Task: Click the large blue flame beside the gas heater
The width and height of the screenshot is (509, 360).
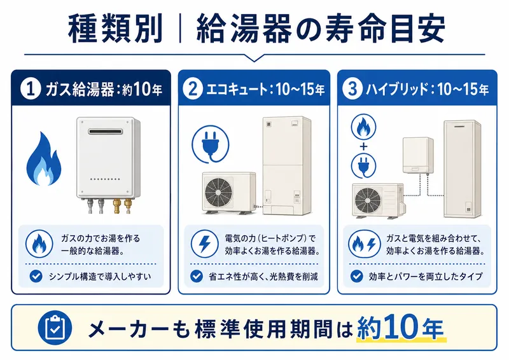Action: [45, 159]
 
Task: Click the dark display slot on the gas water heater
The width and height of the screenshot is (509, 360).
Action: [105, 132]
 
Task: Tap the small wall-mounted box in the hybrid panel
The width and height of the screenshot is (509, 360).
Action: [417, 153]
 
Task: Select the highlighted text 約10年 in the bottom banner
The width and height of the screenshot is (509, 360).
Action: [400, 328]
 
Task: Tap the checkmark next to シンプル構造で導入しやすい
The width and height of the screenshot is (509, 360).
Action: [37, 277]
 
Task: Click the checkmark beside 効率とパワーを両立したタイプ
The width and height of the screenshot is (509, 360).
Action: [357, 277]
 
